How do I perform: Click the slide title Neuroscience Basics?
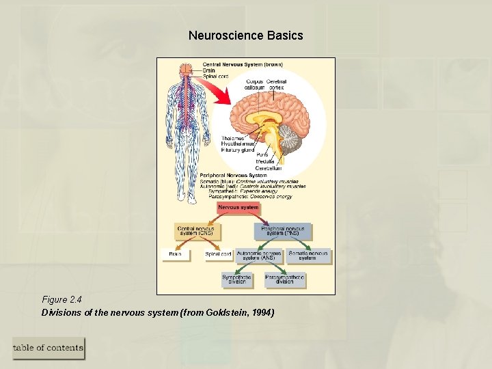[x=245, y=35]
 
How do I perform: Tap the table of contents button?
[x=49, y=348]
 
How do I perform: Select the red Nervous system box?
[x=238, y=207]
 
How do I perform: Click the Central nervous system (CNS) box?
[x=195, y=231]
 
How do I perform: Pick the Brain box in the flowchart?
[x=176, y=254]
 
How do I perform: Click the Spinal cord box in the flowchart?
[x=218, y=254]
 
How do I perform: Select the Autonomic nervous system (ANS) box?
[x=258, y=256]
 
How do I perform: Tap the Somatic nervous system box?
[x=308, y=256]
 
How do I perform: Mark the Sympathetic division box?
[x=236, y=279]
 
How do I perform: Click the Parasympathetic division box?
[x=285, y=279]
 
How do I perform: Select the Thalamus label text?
[x=232, y=139]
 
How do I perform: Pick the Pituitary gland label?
[x=238, y=150]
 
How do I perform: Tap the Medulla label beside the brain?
[x=266, y=161]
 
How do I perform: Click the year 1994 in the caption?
[x=262, y=312]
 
